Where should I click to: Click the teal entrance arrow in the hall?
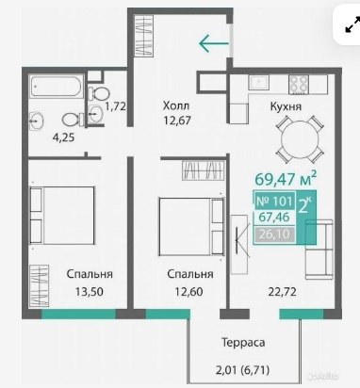(x=214, y=43)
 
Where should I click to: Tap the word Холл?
(x=176, y=105)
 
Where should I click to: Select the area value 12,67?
(x=177, y=120)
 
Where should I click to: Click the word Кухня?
(x=286, y=106)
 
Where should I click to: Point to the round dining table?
(x=300, y=139)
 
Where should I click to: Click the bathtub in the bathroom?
(x=57, y=86)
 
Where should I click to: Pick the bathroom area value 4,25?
(x=64, y=137)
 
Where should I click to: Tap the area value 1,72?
(x=115, y=106)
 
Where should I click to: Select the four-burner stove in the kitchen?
(x=299, y=84)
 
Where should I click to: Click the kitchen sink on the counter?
(x=259, y=82)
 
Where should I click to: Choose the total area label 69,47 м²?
(x=286, y=179)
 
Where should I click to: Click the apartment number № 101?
(x=274, y=201)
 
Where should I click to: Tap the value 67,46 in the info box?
(x=274, y=217)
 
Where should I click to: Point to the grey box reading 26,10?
(x=274, y=234)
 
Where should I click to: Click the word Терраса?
(x=243, y=342)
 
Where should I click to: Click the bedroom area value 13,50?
(x=90, y=292)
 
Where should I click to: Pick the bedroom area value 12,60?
(x=188, y=292)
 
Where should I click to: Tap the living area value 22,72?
(x=282, y=292)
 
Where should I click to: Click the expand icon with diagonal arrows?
(x=352, y=24)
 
